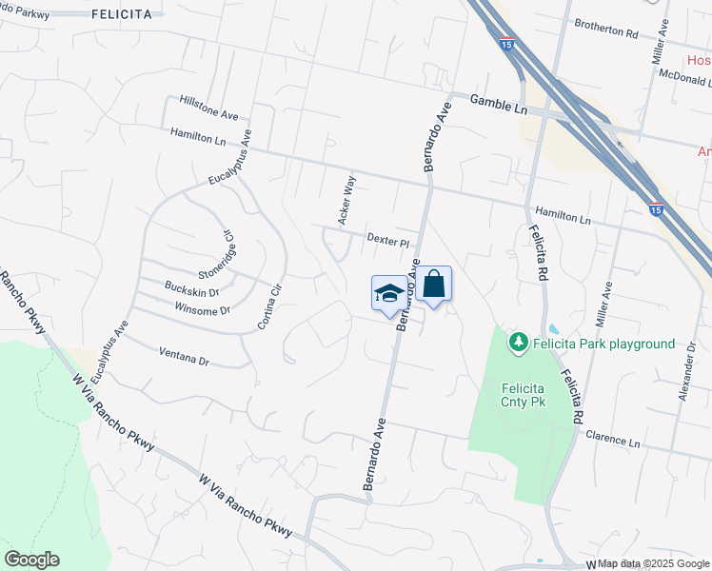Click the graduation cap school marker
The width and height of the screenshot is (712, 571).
pyautogui.click(x=387, y=292)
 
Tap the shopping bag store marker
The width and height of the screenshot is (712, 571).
pyautogui.click(x=433, y=284)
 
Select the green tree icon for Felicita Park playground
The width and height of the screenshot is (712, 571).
pyautogui.click(x=519, y=342)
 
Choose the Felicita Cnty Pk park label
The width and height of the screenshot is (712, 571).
pyautogui.click(x=523, y=395)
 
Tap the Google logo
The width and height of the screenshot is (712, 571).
pyautogui.click(x=31, y=560)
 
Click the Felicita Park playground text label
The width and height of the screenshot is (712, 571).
pyautogui.click(x=603, y=344)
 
